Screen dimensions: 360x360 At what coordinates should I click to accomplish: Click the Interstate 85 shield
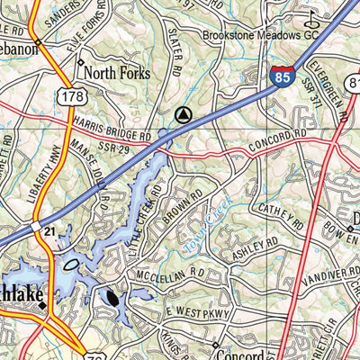pyautogui.click(x=282, y=76)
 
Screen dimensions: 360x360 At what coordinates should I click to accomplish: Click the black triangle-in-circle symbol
pyautogui.click(x=184, y=114)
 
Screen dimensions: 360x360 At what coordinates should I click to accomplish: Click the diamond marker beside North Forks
pyautogui.click(x=80, y=64)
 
